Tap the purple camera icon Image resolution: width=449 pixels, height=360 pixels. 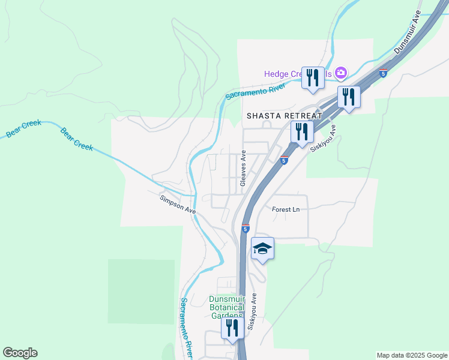340,73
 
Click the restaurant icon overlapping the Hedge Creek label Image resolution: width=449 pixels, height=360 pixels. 313,78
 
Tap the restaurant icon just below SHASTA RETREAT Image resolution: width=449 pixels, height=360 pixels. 302,132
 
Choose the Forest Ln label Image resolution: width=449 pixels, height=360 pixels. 286,209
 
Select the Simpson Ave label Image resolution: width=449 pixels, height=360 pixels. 178,203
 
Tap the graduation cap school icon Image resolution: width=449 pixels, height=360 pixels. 263,248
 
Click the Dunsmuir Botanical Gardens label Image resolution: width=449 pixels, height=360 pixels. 227,308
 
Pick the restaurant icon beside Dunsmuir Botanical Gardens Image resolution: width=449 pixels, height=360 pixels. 231,328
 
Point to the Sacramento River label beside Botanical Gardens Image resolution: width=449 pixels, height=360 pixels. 187,324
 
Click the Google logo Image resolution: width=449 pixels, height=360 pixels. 20,353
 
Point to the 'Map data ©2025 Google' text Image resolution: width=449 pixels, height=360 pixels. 412,355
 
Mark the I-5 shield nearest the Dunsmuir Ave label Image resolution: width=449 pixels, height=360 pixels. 382,73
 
